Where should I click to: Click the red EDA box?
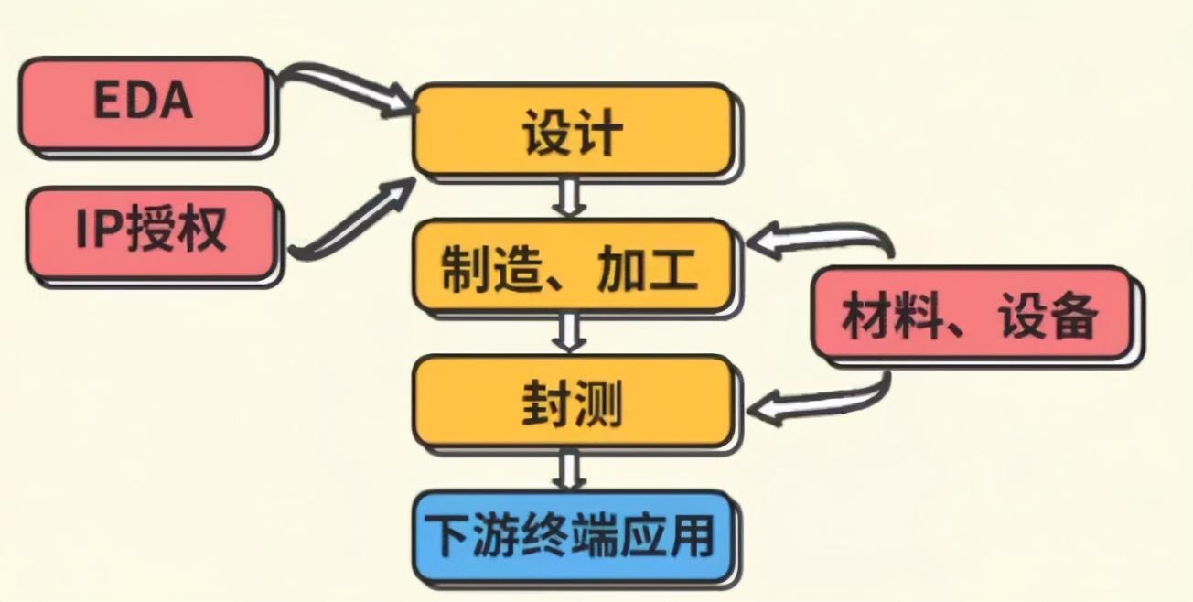click(143, 102)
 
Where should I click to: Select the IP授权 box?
click(151, 232)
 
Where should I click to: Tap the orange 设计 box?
click(573, 130)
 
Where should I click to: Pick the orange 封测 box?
click(573, 402)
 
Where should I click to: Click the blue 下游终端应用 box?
click(573, 537)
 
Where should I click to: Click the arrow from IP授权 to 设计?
click(352, 220)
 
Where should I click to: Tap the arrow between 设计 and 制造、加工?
click(571, 198)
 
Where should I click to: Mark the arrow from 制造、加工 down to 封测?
click(571, 333)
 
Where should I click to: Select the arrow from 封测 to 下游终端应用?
click(571, 468)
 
